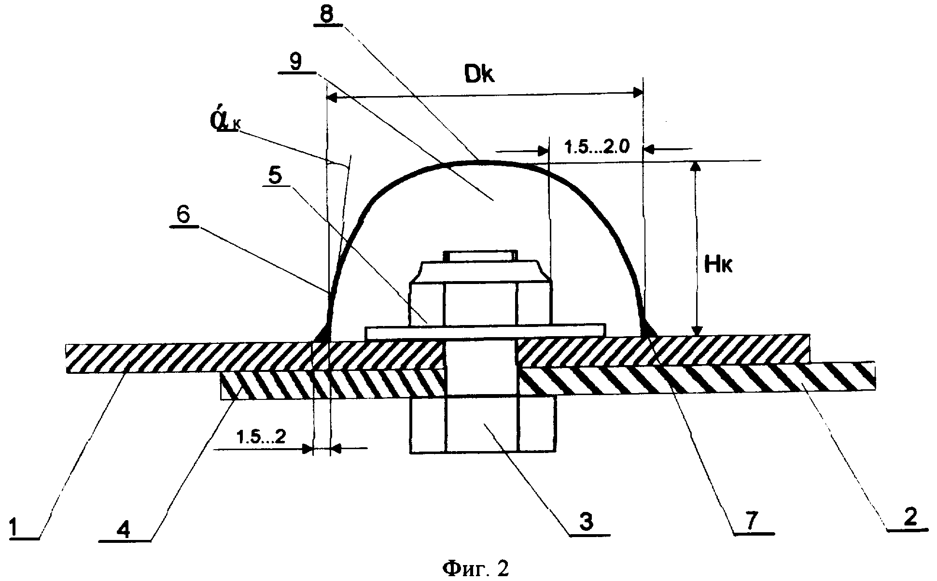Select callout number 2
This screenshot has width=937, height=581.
tap(909, 518)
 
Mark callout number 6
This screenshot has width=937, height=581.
tap(183, 215)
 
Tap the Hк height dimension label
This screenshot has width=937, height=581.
tap(718, 265)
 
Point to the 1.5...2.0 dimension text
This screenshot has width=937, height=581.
tap(597, 147)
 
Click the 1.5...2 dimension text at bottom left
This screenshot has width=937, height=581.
tap(261, 438)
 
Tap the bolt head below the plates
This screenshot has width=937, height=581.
tap(482, 425)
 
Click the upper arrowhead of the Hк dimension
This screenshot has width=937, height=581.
tap(696, 167)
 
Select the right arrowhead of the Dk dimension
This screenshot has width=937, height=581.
tap(637, 93)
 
